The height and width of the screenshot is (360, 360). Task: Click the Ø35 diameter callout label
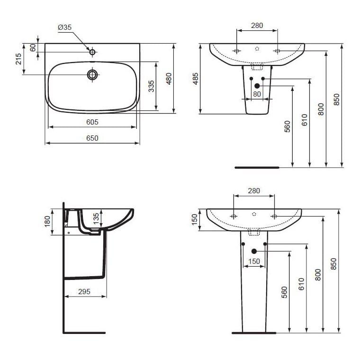[65, 27]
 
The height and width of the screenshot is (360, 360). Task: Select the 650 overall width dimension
[92, 138]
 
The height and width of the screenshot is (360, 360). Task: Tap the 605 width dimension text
[92, 122]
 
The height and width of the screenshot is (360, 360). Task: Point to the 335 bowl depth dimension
[151, 86]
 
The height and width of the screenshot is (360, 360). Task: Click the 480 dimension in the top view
[169, 79]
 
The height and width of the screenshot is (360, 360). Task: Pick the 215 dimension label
[18, 59]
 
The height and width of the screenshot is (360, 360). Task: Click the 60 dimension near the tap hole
[33, 47]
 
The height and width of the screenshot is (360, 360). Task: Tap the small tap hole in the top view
[92, 52]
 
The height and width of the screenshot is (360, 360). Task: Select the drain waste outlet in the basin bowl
[92, 74]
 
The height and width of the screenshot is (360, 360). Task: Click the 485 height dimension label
[195, 79]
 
